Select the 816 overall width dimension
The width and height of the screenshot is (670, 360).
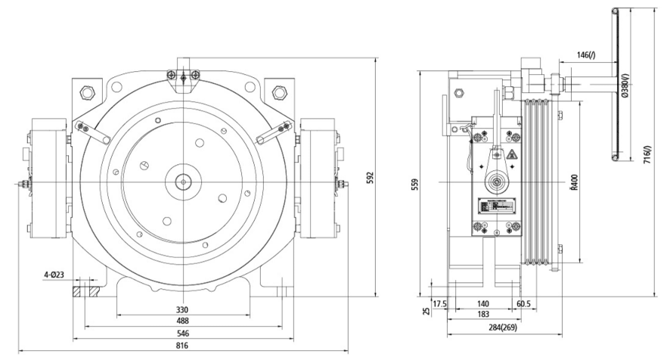pyautogui.click(x=182, y=345)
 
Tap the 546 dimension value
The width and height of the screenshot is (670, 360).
pyautogui.click(x=182, y=333)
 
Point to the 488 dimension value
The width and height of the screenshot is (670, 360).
pyautogui.click(x=182, y=321)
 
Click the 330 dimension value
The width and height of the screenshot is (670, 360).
pyautogui.click(x=182, y=309)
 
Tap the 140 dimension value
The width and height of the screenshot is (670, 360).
pyautogui.click(x=481, y=303)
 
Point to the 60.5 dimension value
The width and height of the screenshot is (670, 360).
pyautogui.click(x=523, y=303)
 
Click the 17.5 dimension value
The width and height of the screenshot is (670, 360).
pyautogui.click(x=439, y=303)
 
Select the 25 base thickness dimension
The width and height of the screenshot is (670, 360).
pyautogui.click(x=427, y=310)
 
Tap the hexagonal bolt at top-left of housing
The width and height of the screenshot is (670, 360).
pyautogui.click(x=87, y=93)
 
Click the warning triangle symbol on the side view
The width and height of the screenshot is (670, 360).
pyautogui.click(x=511, y=156)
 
